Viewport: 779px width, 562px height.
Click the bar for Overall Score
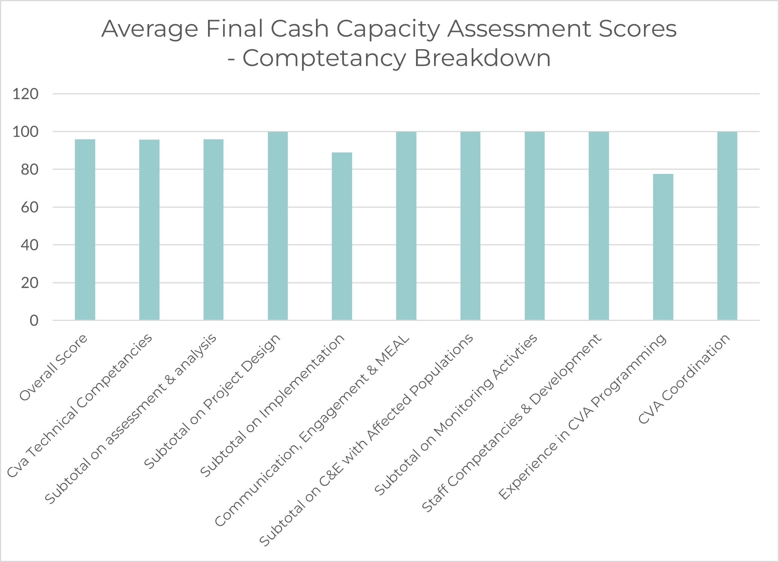[x=85, y=229]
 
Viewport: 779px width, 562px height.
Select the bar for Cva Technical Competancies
[x=149, y=230]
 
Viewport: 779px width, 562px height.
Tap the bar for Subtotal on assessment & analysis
[x=213, y=229]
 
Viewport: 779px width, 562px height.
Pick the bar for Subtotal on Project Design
[x=278, y=226]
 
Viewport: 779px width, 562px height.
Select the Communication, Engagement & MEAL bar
[x=406, y=226]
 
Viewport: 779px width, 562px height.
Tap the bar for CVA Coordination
[x=727, y=226]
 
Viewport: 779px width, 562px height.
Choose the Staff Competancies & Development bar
[x=599, y=226]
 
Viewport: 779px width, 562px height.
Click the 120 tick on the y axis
[x=26, y=94]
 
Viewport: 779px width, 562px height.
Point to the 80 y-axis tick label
[x=30, y=170]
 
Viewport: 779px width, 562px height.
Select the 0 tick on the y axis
[x=34, y=321]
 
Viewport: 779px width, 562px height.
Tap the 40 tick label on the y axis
[x=30, y=245]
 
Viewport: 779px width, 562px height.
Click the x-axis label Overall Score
[x=54, y=367]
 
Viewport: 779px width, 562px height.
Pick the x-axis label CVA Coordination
[x=685, y=379]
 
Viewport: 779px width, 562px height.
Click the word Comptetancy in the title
[x=324, y=59]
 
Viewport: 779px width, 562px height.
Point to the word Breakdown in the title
[x=483, y=58]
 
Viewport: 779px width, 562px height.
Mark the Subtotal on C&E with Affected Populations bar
[x=470, y=226]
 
